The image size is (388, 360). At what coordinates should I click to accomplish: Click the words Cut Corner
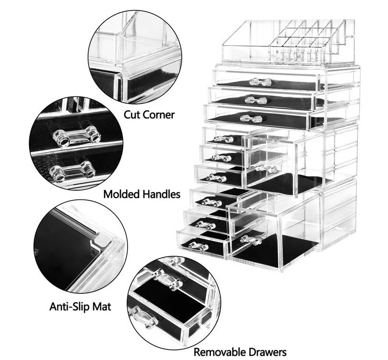pyautogui.click(x=149, y=115)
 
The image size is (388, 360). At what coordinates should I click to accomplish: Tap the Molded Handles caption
pyautogui.click(x=142, y=194)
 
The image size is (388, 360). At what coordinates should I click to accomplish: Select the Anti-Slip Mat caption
pyautogui.click(x=81, y=306)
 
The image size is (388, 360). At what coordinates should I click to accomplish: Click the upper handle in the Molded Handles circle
pyautogui.click(x=76, y=138)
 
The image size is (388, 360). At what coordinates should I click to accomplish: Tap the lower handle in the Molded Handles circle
pyautogui.click(x=72, y=171)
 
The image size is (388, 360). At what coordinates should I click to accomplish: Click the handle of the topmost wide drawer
pyautogui.click(x=260, y=82)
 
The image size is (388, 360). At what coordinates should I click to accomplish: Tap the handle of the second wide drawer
pyautogui.click(x=256, y=100)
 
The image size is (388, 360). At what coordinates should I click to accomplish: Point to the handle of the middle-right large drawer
pyautogui.click(x=266, y=168)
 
